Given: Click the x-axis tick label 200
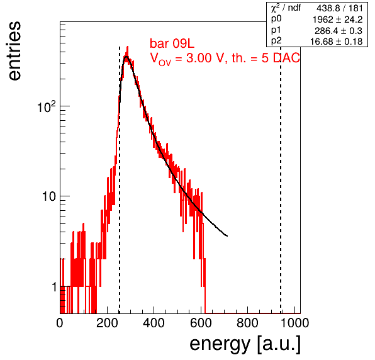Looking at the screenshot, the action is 107,323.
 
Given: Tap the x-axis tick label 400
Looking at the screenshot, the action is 154,323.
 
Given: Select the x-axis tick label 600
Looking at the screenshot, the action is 201,323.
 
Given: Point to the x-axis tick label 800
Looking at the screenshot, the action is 247,323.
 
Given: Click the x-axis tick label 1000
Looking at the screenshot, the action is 294,323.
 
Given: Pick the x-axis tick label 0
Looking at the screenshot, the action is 60,323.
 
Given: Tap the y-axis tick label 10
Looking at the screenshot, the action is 49,196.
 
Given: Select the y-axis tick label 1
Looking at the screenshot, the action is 54,287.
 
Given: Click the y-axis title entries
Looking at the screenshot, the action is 14,51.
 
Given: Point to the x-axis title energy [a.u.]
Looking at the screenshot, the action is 245,344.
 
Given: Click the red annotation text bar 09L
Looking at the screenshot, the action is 172,43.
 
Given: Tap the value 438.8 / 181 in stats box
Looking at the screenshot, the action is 340,8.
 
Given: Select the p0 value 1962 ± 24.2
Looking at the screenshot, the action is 338,20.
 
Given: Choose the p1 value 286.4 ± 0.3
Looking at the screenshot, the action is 339,31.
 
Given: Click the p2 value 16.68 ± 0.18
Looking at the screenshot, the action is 337,42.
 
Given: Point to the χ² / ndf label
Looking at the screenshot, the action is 286,8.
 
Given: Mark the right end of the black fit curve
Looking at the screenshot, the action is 227,236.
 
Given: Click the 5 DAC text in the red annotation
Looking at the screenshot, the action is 281,58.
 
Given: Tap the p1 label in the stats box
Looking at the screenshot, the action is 276,31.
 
